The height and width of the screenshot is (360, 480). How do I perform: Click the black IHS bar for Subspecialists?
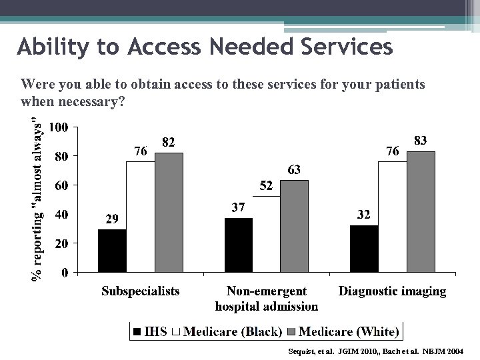tap(112, 251)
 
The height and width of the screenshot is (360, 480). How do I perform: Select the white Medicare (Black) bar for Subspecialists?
tap(140, 217)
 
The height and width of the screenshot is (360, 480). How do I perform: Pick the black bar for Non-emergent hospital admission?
tap(238, 245)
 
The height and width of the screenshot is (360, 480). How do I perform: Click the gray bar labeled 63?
tap(294, 226)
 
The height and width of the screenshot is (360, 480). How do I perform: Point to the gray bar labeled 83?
tap(420, 211)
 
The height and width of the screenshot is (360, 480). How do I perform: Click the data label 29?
tap(113, 219)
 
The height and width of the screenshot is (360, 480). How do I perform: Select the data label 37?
tap(239, 207)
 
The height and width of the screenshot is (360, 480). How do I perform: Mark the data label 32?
tap(364, 215)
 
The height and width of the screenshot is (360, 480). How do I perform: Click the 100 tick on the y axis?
tap(58, 127)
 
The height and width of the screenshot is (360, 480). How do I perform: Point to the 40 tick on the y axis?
tap(61, 215)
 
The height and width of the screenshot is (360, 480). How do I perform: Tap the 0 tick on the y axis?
tap(64, 273)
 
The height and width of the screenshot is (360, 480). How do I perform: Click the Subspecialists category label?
tap(140, 291)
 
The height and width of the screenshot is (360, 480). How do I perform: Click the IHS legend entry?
tap(151, 331)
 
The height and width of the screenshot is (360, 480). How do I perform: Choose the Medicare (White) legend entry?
tap(343, 331)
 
